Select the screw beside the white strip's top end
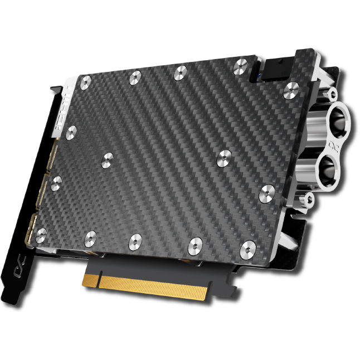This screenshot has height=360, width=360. click(85, 84)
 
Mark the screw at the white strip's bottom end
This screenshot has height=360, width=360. click(71, 133)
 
